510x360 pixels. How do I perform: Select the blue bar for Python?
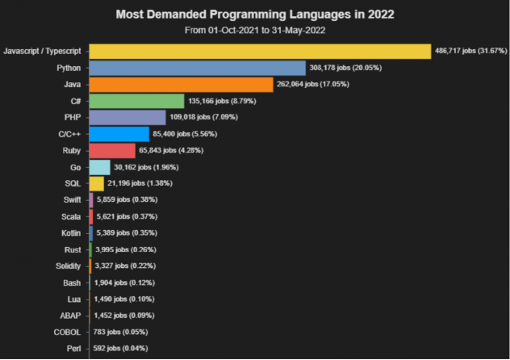(197, 68)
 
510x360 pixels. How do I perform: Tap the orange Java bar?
(182, 85)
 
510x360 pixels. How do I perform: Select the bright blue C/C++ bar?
(119, 134)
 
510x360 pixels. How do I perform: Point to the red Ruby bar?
(111, 150)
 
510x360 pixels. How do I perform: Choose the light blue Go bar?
(99, 167)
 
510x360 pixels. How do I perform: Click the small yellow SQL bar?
(96, 183)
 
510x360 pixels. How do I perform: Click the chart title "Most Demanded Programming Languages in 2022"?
(254, 15)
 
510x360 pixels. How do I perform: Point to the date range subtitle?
(254, 31)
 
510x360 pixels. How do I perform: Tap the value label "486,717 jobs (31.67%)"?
(470, 52)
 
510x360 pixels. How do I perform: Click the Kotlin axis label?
(69, 233)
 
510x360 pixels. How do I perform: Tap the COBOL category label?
(66, 332)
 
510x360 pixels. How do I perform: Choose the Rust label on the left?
(71, 249)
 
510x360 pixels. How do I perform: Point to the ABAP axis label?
(69, 316)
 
